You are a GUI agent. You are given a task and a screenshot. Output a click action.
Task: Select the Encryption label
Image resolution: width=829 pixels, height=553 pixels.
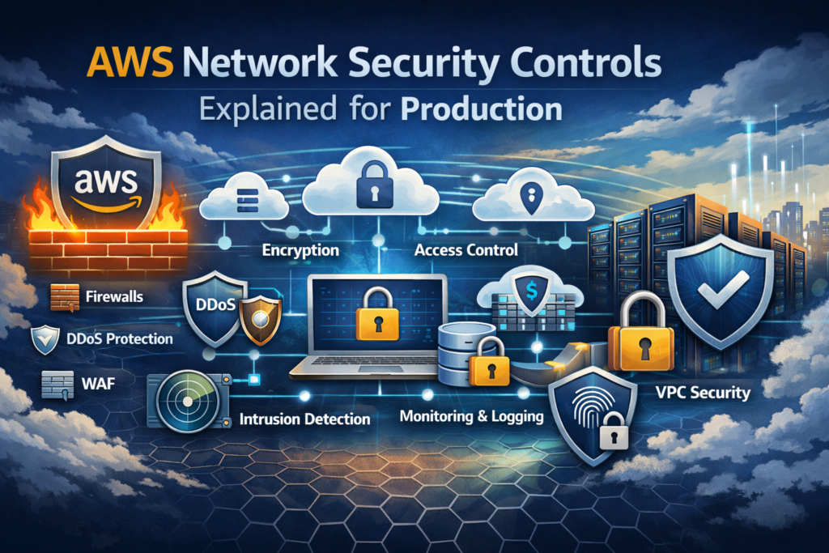300,250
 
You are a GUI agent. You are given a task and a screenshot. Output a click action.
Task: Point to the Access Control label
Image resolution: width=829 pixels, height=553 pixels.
466,250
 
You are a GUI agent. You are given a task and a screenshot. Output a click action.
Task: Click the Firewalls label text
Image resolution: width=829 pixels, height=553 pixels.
113,296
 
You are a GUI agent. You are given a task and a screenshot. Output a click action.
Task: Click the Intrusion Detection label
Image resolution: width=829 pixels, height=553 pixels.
304,419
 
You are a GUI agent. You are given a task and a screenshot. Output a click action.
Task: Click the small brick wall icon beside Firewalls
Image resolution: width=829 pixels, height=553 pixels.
63,297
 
